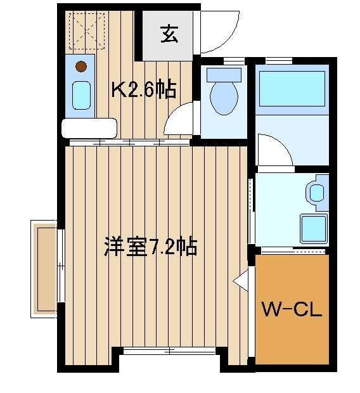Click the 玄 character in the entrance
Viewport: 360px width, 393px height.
coord(169,34)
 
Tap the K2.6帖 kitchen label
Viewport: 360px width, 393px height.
coord(144,89)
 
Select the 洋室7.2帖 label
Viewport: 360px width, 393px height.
coord(151,247)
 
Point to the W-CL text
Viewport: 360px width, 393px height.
coord(292,309)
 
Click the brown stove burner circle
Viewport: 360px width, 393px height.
coord(81,67)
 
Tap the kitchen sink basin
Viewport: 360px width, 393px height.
coord(81,95)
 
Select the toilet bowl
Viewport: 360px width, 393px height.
coord(224,98)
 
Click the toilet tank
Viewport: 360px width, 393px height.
coord(224,75)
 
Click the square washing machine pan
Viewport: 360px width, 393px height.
coord(314,229)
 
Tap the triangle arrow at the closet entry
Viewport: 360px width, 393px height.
coord(240,281)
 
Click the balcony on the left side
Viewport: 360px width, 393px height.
coord(44,269)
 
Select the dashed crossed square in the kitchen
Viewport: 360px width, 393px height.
coord(87,31)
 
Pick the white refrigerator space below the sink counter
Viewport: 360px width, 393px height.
coord(89,128)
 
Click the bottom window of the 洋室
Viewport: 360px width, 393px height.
coord(169,351)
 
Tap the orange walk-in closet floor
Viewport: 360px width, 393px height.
coord(292,309)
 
